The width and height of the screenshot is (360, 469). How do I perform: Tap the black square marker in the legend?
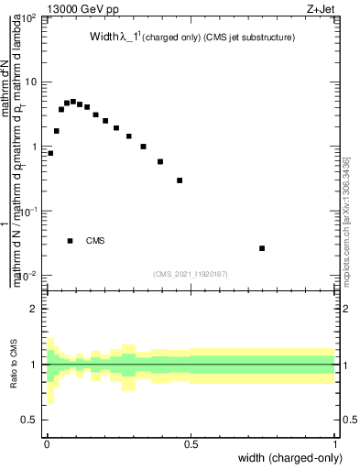(71, 241)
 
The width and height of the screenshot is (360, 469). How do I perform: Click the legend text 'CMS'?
(95, 241)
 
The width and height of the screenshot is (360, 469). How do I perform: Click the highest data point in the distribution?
(73, 102)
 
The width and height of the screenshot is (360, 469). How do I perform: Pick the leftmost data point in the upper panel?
(50, 153)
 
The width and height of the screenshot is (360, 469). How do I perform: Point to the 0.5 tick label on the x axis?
(191, 443)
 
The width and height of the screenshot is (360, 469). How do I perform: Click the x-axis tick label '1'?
(335, 443)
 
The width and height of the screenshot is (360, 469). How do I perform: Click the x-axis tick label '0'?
(46, 443)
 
